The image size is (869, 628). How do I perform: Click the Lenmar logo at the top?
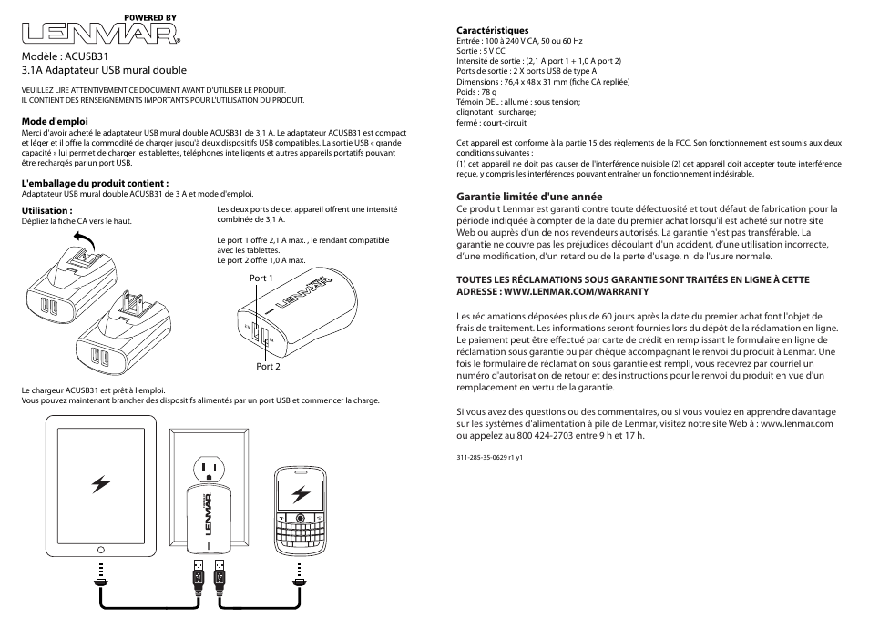coord(99,33)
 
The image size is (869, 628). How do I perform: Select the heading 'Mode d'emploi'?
coord(55,120)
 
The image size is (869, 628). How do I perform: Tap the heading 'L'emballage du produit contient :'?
coord(95,182)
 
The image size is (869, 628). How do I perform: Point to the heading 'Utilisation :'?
coord(46,210)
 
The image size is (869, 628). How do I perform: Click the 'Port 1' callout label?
coord(261,278)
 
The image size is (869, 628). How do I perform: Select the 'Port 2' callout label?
coord(268,366)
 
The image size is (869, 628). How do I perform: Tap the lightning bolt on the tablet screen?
coord(101,485)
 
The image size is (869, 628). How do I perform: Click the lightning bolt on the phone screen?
coord(300,495)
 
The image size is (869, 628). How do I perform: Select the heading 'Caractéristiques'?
coord(492,31)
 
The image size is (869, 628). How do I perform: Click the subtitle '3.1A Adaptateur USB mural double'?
coord(104,70)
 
